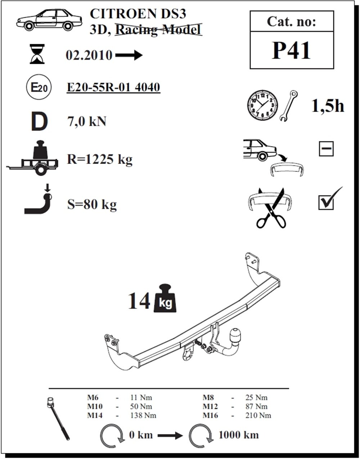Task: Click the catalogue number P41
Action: pos(291,50)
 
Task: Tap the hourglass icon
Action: pos(37,54)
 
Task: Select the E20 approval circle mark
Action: pos(39,87)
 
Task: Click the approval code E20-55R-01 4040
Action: pos(113,87)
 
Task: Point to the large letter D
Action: pos(39,122)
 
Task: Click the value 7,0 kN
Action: pos(87,122)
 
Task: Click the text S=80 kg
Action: pos(92,204)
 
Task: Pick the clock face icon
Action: pos(262,106)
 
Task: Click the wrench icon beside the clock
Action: pos(289,106)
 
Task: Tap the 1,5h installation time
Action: pos(328,106)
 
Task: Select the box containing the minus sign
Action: pos(326,149)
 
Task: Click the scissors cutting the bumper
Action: pos(271,208)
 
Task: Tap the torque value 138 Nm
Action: pos(143,415)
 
